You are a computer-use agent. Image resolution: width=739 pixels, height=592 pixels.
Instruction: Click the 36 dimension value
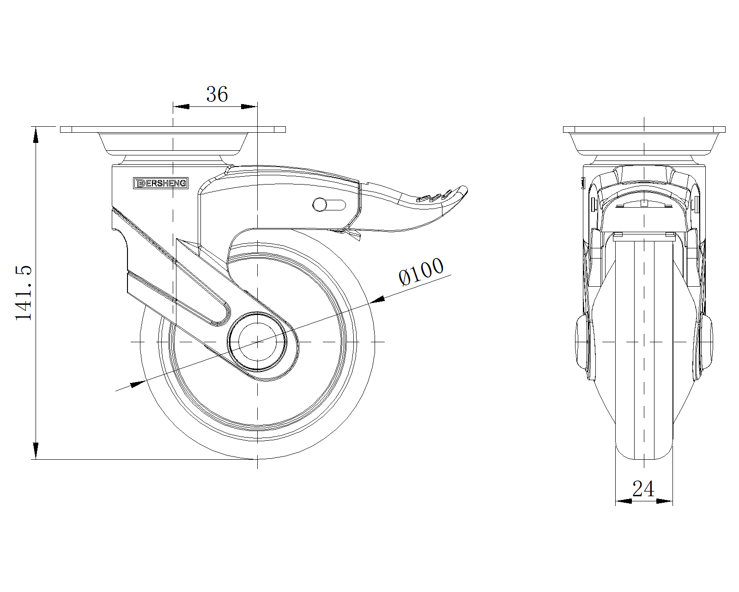217,94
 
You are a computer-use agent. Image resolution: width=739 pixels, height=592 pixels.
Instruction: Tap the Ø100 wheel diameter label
421,271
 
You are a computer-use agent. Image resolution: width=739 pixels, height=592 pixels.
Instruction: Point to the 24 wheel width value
643,488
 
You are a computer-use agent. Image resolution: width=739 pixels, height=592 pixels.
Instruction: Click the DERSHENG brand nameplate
161,183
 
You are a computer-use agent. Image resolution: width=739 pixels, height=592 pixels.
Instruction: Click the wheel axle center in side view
257,342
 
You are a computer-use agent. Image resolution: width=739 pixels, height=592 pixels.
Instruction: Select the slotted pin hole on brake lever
329,204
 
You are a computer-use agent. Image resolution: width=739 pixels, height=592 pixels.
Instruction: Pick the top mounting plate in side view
173,129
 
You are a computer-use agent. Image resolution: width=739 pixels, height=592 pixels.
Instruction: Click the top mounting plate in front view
644,129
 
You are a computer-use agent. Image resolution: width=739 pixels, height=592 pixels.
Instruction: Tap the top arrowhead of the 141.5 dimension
36,135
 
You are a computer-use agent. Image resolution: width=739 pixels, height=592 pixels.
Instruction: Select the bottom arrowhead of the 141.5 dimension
36,450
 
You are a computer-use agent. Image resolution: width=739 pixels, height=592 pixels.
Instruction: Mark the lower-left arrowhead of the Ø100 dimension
138,384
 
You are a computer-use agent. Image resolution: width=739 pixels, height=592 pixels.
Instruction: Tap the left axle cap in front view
582,342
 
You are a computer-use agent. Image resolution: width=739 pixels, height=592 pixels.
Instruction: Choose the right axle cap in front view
705,342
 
